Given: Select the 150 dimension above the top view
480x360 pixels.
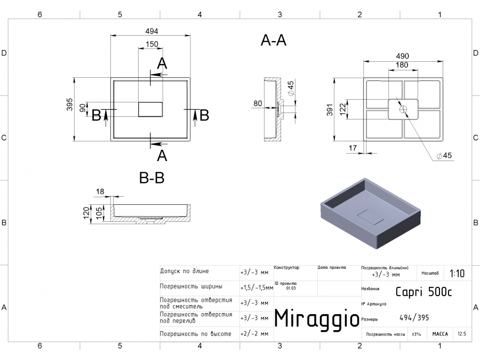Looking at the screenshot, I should tap(151, 44).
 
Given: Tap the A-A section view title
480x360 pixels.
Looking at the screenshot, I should tap(274, 41).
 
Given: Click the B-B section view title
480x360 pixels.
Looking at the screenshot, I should tap(151, 179).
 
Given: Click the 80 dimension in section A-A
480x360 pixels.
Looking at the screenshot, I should tap(258, 104).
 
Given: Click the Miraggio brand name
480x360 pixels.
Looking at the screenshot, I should tap(316, 318).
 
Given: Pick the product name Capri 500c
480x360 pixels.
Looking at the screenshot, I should tap(424, 291).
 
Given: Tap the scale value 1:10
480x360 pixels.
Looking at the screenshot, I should tap(457, 274).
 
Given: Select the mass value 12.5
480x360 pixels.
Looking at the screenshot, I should tap(461, 334).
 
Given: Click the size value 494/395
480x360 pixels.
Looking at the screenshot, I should tap(414, 318).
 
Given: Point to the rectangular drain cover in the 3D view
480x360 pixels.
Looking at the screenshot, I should tap(369, 216).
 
